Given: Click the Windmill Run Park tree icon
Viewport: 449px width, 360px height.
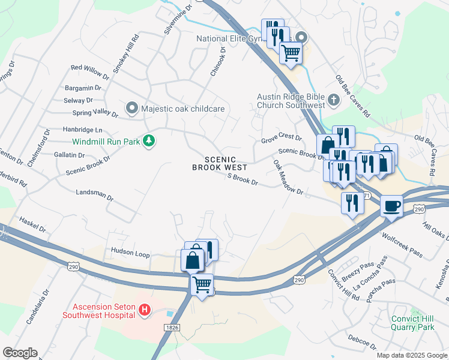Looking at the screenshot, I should (x=149, y=142).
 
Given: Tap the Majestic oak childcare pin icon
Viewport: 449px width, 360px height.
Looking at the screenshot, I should (x=131, y=109).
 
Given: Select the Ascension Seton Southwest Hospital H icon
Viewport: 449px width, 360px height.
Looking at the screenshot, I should (x=144, y=310).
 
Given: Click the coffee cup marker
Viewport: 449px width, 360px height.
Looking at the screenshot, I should (x=391, y=206).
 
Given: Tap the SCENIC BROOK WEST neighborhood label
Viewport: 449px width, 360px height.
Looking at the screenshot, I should (x=220, y=163).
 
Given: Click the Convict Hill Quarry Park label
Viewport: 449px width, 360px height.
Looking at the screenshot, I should (x=412, y=323).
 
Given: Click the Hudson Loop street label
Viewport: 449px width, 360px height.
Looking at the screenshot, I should (x=130, y=254).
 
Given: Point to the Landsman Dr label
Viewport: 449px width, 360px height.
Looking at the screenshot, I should (x=95, y=196).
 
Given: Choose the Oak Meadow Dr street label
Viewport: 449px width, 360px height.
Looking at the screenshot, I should (x=288, y=176).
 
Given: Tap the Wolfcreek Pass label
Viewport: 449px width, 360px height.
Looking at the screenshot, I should (x=402, y=243).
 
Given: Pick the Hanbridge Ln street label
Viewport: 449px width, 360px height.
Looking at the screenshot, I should (x=83, y=130).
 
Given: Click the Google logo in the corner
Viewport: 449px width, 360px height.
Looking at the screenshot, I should (x=20, y=352).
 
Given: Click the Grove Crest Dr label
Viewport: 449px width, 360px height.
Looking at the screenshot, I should (x=281, y=139).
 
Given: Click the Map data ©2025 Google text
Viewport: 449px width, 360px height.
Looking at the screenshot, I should (x=412, y=355).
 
